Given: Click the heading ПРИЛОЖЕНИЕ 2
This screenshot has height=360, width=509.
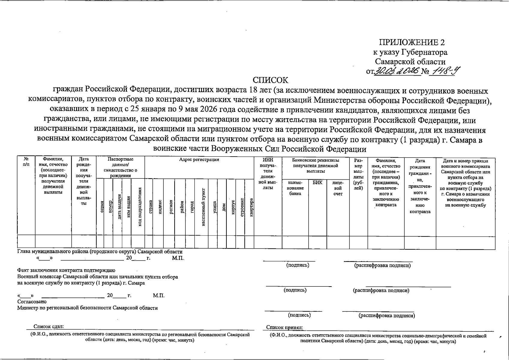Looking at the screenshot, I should pos(412,42).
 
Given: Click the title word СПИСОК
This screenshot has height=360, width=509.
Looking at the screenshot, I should pos(270,80).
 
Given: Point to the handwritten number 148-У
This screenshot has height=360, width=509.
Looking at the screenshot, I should pos(443,71).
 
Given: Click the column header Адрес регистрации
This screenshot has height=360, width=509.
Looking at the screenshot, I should pos(199,160).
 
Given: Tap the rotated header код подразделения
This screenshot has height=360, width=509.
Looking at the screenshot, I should pos(140,207).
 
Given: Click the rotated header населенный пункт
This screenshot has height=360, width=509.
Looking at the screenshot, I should pos(203,207).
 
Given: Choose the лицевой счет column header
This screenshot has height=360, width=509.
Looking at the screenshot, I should pos(338,188).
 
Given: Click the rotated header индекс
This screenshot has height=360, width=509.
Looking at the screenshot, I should pos(160,207).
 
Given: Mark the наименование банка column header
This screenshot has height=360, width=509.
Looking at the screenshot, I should pos(295,188).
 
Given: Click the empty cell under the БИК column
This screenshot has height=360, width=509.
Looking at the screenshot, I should pos(317,242).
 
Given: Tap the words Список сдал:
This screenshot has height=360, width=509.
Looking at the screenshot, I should pos(49,327).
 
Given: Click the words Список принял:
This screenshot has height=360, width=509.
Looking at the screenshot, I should pos(284,328).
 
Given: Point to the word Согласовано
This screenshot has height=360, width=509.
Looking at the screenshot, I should pos(32,301).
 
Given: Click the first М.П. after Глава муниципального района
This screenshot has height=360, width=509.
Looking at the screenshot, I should pos(178,258).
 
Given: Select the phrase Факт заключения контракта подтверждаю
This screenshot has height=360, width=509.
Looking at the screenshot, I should pos(66,271).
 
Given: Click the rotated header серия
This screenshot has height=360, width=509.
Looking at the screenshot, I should pos(102,207).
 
